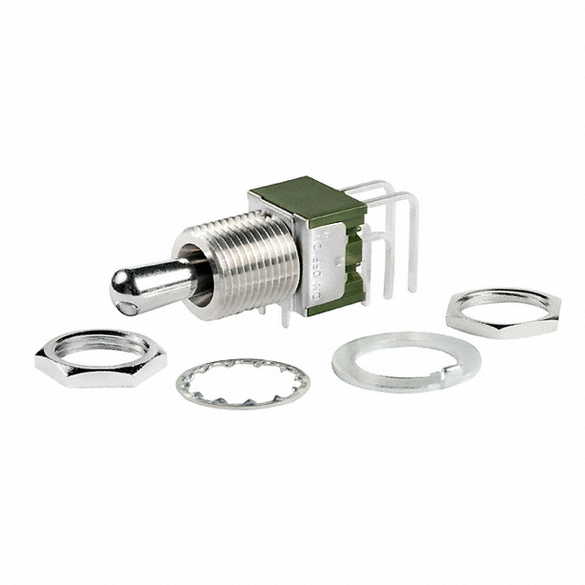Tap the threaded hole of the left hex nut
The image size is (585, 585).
click(x=101, y=346)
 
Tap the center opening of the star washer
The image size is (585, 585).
click(x=243, y=382)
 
